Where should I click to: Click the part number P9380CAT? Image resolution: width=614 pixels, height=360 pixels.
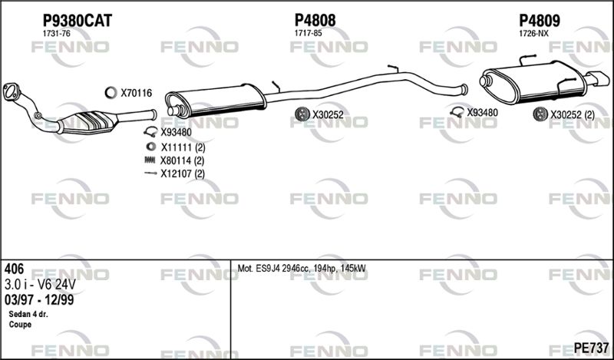(x=78, y=21)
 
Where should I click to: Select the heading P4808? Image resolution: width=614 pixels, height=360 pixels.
(x=315, y=21)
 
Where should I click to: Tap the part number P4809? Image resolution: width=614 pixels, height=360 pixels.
(x=540, y=21)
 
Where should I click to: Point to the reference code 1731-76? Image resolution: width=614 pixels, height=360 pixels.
(x=56, y=34)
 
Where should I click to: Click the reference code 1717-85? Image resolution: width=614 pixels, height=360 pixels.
(x=309, y=34)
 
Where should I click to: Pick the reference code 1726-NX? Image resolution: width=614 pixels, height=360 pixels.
(x=533, y=34)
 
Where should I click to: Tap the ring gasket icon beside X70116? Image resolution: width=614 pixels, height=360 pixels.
(x=111, y=93)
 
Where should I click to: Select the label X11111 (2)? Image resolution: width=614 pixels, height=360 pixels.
(x=183, y=147)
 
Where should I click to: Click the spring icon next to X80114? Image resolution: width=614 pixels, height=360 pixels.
(x=150, y=160)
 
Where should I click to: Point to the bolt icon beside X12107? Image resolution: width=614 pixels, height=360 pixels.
(x=150, y=173)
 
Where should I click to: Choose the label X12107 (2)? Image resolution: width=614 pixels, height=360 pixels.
(x=183, y=173)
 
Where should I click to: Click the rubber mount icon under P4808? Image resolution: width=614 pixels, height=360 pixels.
(x=302, y=114)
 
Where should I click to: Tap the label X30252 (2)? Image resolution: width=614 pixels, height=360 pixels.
(x=573, y=115)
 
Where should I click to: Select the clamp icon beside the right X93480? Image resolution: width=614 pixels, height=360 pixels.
(x=457, y=112)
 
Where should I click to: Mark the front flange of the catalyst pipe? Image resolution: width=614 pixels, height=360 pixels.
(x=11, y=92)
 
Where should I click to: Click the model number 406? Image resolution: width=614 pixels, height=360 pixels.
(x=14, y=269)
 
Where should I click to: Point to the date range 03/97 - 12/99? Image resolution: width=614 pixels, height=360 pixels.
(x=39, y=300)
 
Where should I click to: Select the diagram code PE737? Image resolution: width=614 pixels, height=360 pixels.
(x=591, y=348)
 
